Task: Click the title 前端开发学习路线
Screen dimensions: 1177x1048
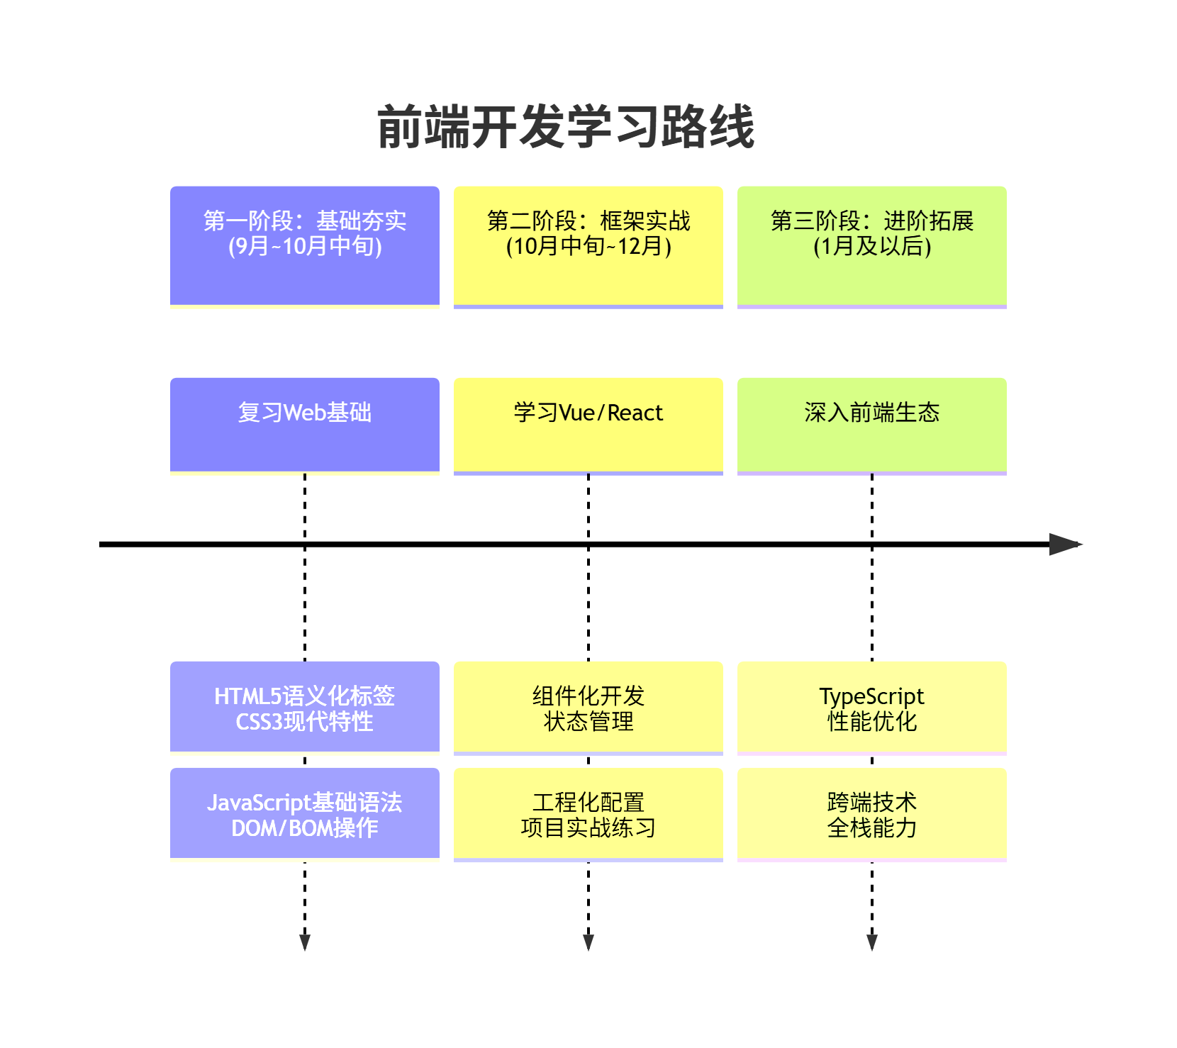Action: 566,127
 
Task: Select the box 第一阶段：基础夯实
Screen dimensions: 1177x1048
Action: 305,247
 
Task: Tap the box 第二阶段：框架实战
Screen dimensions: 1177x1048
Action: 588,247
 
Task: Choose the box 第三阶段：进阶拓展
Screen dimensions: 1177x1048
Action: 872,247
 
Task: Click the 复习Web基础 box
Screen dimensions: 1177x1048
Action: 305,425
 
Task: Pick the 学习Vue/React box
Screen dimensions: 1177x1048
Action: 588,425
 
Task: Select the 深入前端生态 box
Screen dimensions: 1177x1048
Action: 872,425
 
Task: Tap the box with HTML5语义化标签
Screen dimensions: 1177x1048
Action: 305,708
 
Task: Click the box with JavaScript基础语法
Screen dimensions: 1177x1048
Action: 305,814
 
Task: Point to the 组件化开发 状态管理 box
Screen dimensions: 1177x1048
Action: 588,708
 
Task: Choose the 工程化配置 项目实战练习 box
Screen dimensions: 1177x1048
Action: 588,814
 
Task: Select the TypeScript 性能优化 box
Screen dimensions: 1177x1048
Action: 872,708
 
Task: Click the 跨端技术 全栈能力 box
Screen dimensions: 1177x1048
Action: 872,814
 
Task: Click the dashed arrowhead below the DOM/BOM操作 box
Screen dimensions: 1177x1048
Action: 305,942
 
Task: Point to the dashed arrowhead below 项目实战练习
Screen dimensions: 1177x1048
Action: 588,942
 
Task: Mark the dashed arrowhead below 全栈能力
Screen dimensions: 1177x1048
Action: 872,942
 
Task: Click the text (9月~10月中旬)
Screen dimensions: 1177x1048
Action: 305,246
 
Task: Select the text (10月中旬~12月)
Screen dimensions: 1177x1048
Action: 588,246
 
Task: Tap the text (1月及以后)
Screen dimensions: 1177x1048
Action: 872,246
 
